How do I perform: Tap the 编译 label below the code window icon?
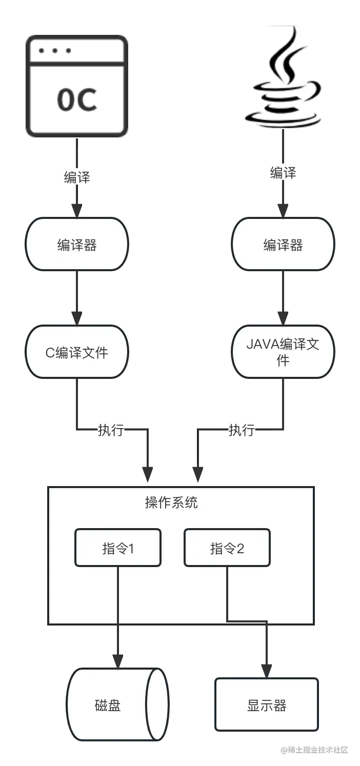[77, 177]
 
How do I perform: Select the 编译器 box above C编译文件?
[77, 245]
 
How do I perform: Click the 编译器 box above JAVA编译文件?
[283, 245]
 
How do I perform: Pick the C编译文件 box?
[77, 353]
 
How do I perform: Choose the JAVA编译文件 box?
[283, 352]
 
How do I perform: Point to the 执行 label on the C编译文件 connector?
[111, 430]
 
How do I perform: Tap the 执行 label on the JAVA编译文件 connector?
[242, 430]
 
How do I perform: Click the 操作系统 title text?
[171, 502]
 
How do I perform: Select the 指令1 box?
[118, 548]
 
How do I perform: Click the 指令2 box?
[227, 548]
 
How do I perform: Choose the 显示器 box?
[267, 705]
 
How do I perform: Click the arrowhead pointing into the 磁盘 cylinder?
[118, 660]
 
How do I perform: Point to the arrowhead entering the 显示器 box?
[267, 668]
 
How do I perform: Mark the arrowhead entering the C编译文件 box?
[77, 315]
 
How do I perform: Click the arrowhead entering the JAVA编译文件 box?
[283, 315]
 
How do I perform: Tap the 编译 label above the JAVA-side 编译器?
[283, 173]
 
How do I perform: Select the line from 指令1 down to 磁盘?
[118, 600]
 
